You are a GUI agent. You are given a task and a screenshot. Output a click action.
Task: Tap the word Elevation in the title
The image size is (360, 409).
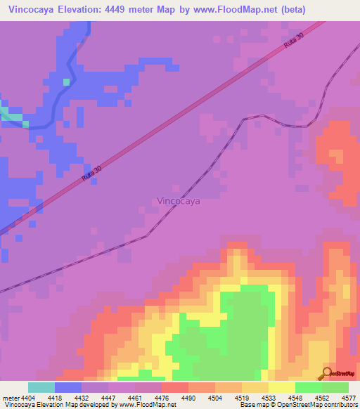[83, 8]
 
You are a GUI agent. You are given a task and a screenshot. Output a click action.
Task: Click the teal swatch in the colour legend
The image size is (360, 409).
[41, 387]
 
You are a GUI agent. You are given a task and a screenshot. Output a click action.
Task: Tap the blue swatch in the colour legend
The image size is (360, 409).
[68, 387]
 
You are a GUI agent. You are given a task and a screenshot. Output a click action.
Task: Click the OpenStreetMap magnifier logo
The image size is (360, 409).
[326, 373]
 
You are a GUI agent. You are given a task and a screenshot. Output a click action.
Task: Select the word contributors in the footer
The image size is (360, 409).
[338, 405]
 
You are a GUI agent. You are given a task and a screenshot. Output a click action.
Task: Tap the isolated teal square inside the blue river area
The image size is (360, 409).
[67, 82]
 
